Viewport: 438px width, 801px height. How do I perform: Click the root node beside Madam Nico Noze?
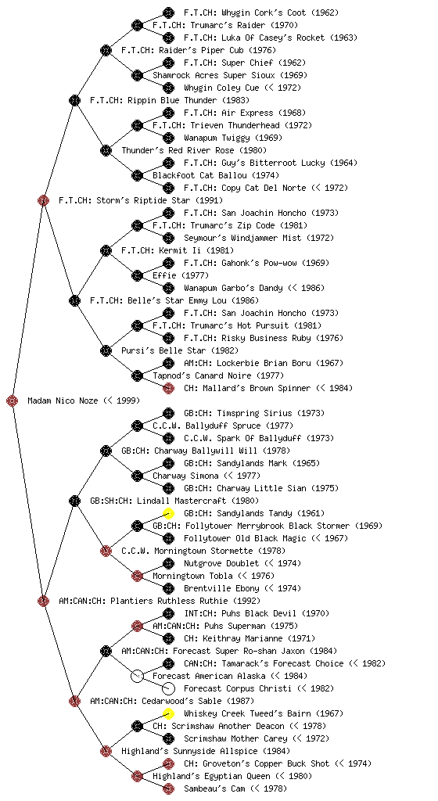[13, 401]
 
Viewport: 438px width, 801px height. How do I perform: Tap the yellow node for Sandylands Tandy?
[168, 513]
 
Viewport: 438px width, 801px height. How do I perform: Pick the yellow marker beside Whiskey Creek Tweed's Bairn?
[168, 713]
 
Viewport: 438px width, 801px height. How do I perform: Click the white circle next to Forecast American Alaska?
[137, 676]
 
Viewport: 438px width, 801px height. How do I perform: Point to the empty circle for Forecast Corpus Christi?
[168, 688]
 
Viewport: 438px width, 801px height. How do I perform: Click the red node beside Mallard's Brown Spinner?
[168, 388]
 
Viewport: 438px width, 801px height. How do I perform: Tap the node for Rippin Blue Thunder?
[74, 100]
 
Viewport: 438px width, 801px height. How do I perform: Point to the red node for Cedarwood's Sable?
[74, 701]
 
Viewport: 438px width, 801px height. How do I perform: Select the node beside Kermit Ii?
[106, 250]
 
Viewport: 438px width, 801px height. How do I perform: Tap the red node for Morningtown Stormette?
[106, 551]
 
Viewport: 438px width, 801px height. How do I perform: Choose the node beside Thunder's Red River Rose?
[106, 150]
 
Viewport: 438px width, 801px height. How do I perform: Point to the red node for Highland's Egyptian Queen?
[137, 776]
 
